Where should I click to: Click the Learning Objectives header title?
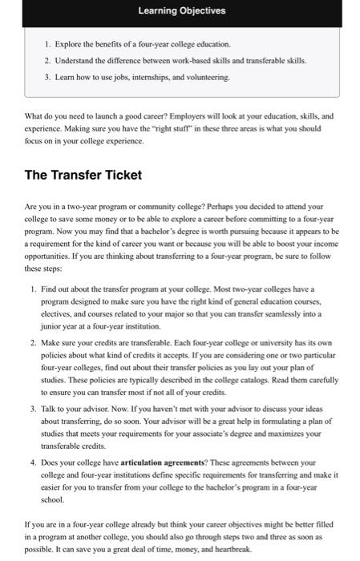[181, 11]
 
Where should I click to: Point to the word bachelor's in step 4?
[228, 486]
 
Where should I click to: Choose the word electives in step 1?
[70, 337]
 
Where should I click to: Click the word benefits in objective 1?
[107, 42]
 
